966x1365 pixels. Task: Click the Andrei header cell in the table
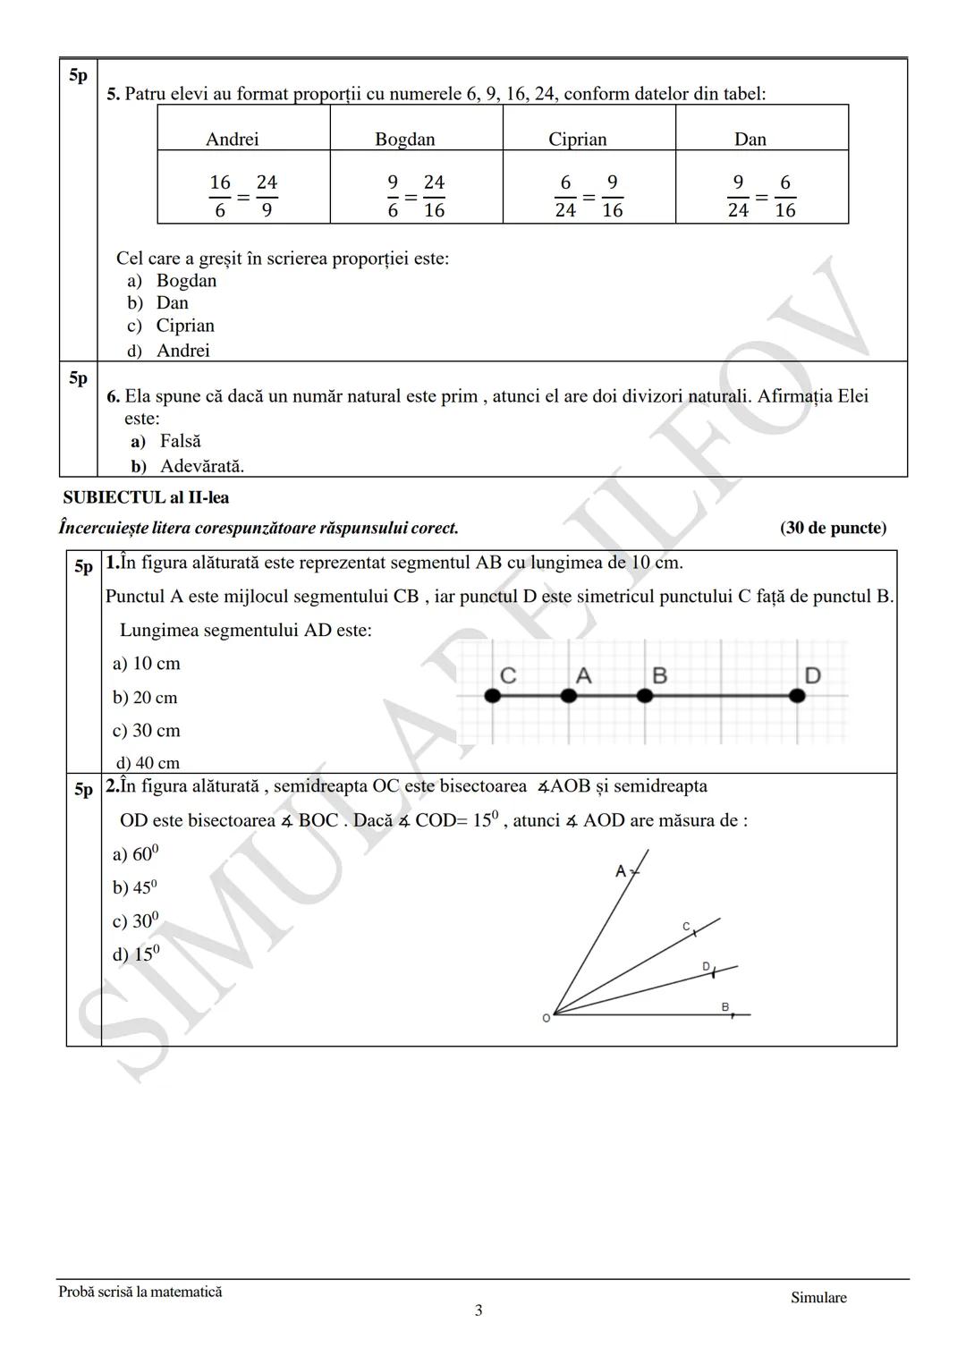pos(233,139)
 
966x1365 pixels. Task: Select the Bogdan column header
pos(404,139)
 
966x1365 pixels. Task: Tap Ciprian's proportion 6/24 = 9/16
pos(588,196)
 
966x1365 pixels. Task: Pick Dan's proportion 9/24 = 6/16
pos(760,196)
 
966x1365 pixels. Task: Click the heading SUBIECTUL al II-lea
pos(146,497)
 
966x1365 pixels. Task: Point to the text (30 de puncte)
pos(833,528)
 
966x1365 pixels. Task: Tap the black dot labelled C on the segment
pos(492,695)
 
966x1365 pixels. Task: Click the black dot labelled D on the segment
pos(797,695)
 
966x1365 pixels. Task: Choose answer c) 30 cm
pos(146,731)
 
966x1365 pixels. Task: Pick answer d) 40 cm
pos(148,763)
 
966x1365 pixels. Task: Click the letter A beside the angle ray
pos(621,870)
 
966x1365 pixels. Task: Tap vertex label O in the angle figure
pos(546,1019)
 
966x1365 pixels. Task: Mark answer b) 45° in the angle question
pos(134,887)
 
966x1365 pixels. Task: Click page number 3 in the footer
pos(479,1310)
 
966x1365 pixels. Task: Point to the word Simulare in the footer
pos(818,1298)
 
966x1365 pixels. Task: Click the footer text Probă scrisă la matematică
pos(140,1292)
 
